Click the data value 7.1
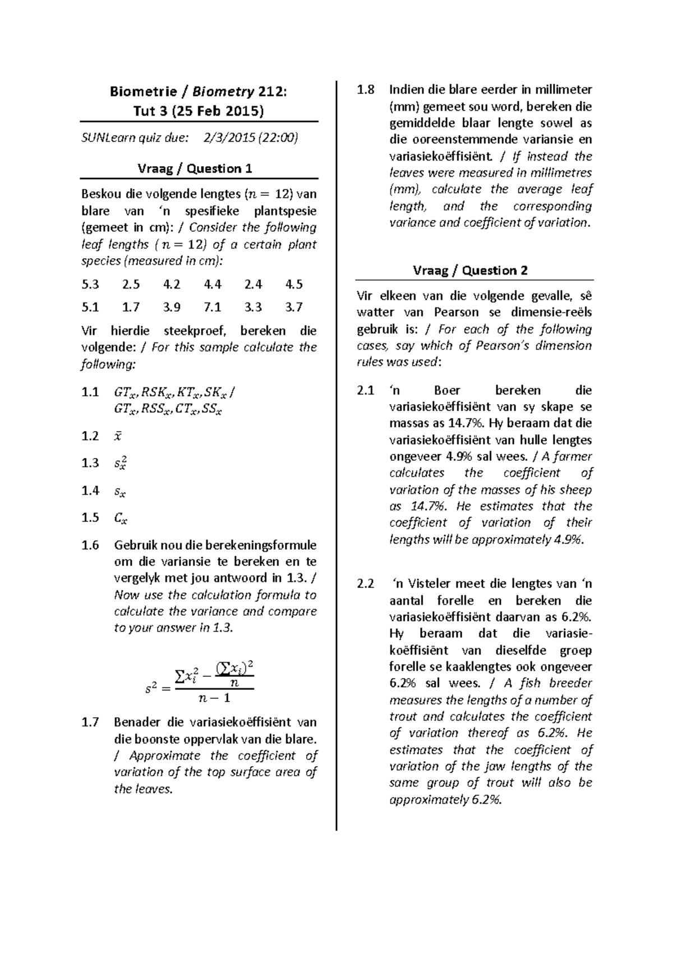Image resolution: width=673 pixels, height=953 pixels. [x=213, y=307]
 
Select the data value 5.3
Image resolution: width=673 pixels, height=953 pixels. [x=90, y=285]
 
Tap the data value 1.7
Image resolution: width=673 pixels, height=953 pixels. [x=131, y=307]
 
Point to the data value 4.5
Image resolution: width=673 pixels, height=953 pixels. [x=294, y=285]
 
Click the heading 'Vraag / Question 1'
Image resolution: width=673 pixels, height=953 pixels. [x=195, y=168]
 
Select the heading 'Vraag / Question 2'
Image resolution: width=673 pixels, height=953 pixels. [x=470, y=271]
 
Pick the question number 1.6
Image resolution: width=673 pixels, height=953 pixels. [x=90, y=545]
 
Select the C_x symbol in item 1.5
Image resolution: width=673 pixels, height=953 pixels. [x=120, y=518]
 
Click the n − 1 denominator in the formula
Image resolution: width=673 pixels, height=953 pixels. [x=214, y=698]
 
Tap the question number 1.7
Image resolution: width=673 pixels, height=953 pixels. [x=90, y=722]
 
